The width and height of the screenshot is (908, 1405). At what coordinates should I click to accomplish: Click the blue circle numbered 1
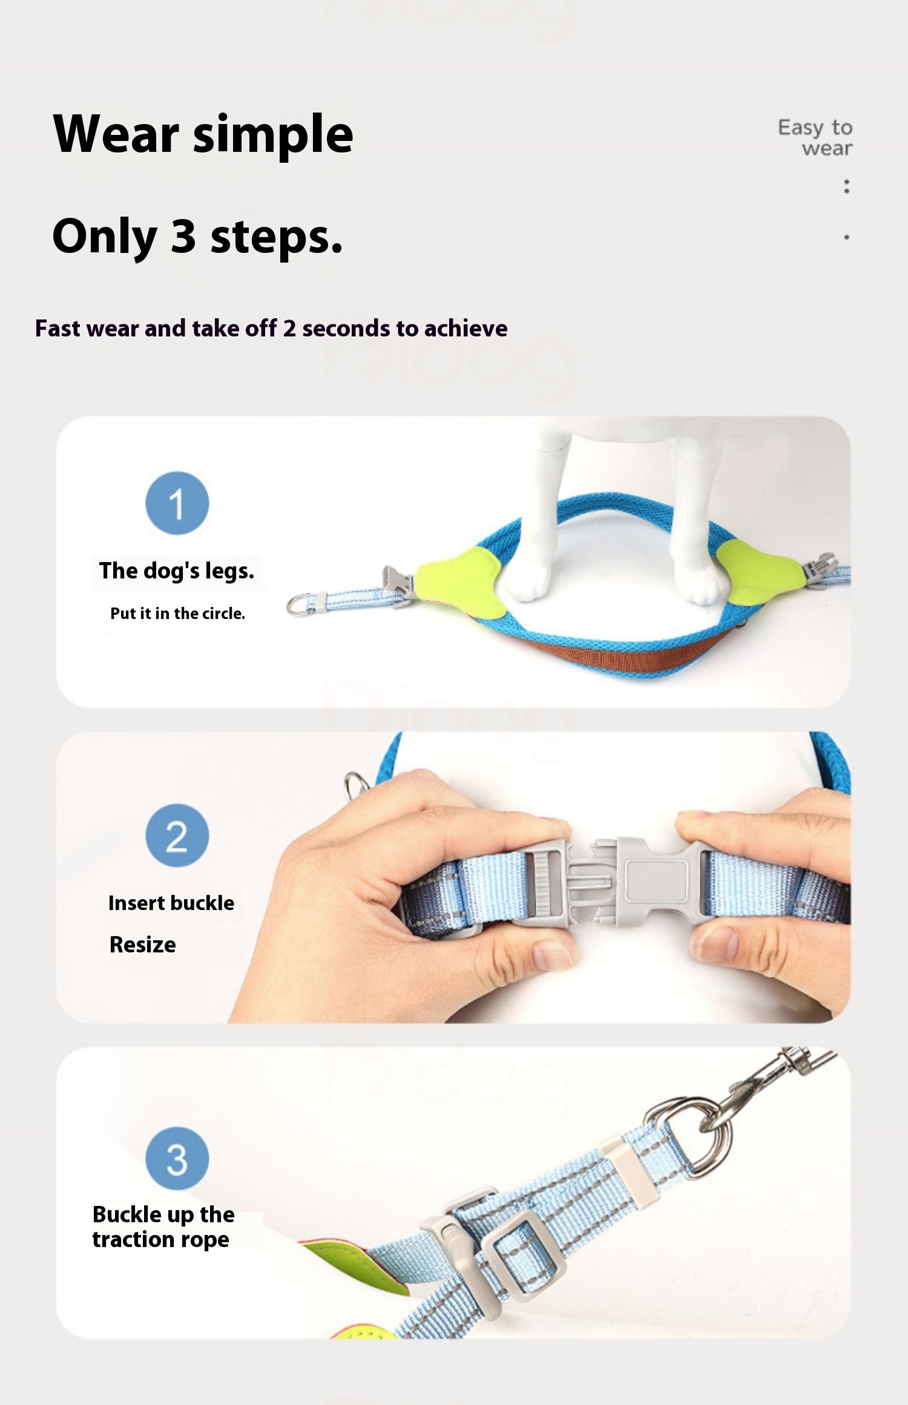point(177,503)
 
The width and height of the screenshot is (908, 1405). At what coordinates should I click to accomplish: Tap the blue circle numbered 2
point(177,835)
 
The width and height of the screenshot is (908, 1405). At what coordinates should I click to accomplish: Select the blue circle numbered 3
point(177,1158)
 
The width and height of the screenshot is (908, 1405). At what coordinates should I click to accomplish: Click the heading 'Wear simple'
point(203,134)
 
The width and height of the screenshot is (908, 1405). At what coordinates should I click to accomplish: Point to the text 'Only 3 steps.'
point(197,236)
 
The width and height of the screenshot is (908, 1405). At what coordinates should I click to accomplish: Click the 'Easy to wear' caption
point(815,137)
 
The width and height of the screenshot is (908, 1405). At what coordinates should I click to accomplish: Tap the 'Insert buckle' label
point(171,903)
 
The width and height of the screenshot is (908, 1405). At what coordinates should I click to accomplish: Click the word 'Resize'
point(143,945)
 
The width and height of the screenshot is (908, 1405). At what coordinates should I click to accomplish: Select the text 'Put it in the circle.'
point(177,614)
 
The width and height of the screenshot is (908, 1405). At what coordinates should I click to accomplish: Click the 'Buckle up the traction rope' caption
point(163,1227)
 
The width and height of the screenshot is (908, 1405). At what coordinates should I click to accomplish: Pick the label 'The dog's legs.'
point(177,571)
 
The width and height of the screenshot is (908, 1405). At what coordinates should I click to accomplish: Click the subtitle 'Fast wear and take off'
point(156,328)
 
